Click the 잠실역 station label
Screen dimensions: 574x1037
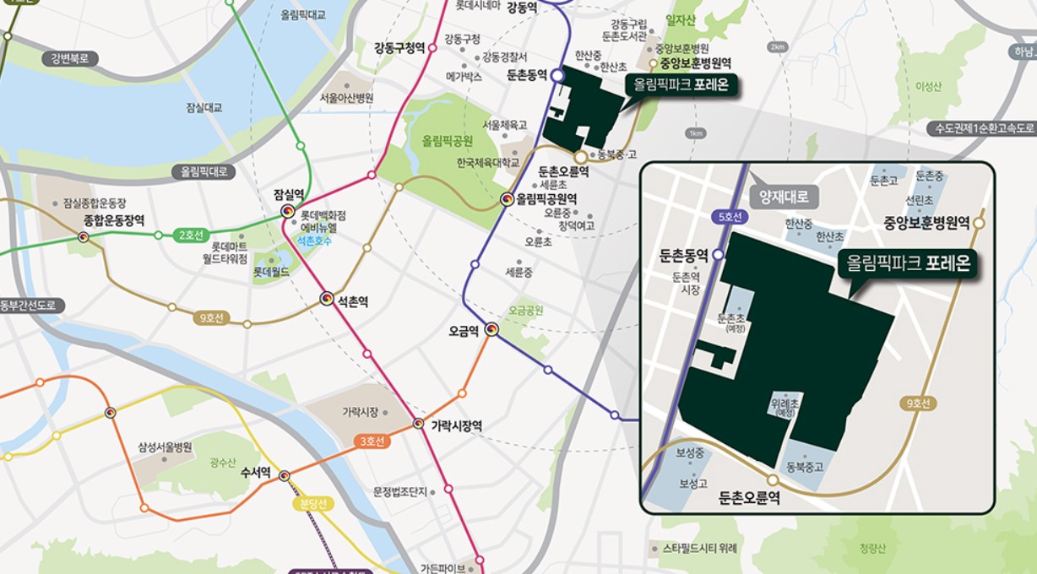(x=289, y=193)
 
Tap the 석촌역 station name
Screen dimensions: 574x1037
(x=354, y=300)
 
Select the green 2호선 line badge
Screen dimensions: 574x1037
(x=193, y=235)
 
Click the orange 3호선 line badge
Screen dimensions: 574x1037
(x=369, y=441)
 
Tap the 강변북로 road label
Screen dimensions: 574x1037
(x=69, y=58)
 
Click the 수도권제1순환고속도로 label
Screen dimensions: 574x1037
(x=982, y=128)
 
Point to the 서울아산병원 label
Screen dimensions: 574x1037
(x=345, y=98)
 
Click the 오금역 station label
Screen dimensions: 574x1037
(x=464, y=331)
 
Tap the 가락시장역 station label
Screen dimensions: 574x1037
(x=456, y=425)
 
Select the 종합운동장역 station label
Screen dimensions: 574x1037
(x=113, y=219)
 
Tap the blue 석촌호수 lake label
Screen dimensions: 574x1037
(x=313, y=241)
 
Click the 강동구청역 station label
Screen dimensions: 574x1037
(x=399, y=47)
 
